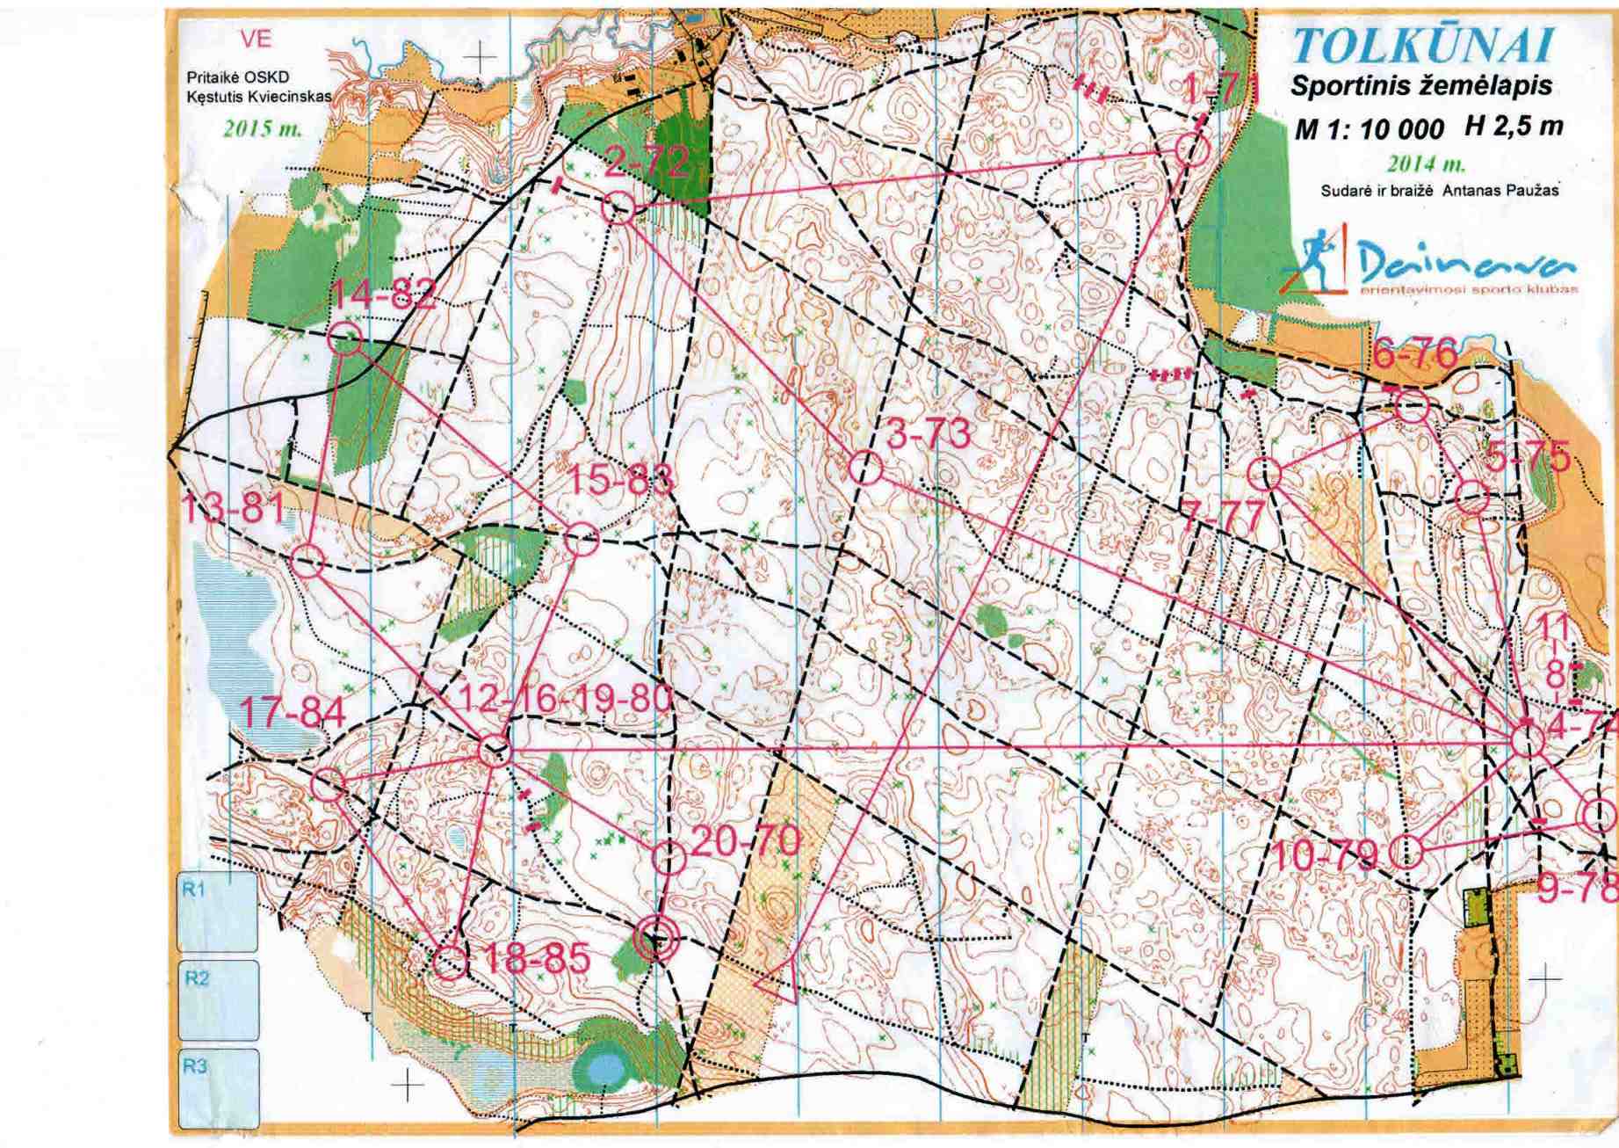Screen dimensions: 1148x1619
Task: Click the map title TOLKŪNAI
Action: pos(1423,47)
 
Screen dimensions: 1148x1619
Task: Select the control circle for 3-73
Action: pos(865,468)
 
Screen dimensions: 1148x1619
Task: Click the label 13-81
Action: pos(232,508)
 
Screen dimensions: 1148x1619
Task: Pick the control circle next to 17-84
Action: pos(329,784)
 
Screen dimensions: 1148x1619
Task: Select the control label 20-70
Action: pos(746,842)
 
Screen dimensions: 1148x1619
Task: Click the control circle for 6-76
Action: pos(1412,409)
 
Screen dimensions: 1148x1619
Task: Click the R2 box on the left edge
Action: pos(218,1000)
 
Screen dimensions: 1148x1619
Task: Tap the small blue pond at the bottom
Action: pos(604,1069)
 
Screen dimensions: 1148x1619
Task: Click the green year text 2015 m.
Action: pos(263,129)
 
